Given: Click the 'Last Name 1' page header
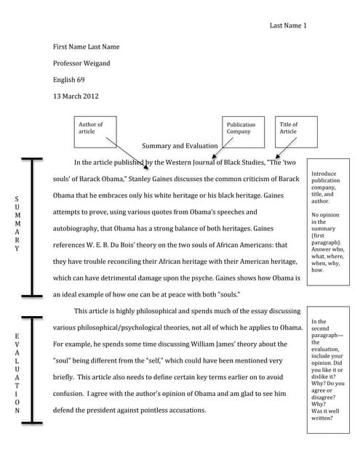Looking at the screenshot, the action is click(289, 25).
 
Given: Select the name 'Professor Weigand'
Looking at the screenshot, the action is click(81, 63).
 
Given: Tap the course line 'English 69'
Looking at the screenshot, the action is click(70, 80).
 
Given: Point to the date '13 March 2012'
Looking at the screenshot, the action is click(76, 96).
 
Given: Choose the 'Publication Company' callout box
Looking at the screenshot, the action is click(241, 128).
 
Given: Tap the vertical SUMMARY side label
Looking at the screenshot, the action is click(17, 223).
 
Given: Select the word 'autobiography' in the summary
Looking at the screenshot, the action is click(79, 229).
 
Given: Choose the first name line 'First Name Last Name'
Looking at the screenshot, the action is click(87, 47).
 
